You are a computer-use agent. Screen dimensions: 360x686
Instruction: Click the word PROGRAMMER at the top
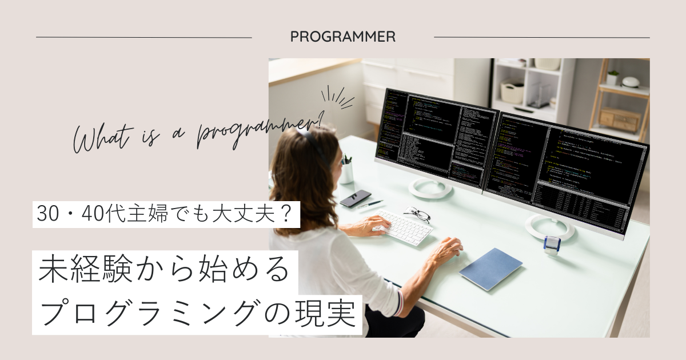coord(342,37)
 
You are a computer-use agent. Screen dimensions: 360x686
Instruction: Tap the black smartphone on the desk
coord(355,198)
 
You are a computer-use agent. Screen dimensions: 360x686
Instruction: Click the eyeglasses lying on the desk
coord(417,214)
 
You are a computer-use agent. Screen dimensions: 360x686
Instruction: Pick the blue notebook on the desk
coord(490,268)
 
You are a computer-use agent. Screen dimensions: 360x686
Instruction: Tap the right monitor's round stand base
coord(549,227)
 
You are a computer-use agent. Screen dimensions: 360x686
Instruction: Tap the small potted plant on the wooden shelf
coord(613,77)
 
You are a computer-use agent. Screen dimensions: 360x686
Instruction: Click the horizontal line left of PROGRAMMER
coord(143,38)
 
